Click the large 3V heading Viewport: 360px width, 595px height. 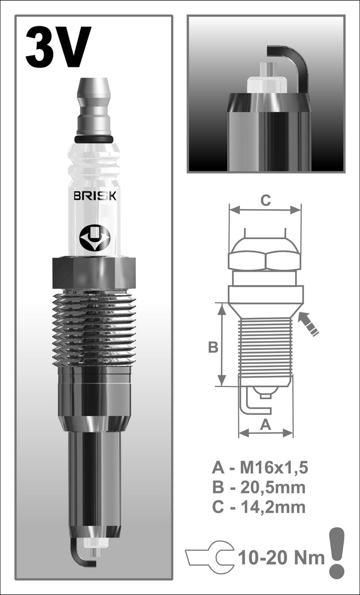(x=58, y=48)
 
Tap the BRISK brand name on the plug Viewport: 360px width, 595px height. (x=95, y=196)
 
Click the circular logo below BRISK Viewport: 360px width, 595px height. (x=94, y=237)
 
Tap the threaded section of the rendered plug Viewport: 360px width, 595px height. (x=94, y=327)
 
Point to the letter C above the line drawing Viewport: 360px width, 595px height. (x=266, y=201)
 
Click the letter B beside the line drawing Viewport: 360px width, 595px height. (x=213, y=348)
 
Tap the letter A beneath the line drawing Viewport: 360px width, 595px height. (x=266, y=424)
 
